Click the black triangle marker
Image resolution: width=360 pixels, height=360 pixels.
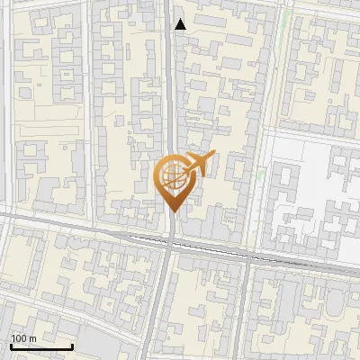[x=181, y=24]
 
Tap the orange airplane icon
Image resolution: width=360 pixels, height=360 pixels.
[x=198, y=165]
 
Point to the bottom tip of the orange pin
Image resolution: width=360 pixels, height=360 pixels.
[x=171, y=212]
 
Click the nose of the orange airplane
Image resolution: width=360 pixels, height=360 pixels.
[x=213, y=156]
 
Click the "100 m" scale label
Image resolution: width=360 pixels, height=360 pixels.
[x=23, y=337]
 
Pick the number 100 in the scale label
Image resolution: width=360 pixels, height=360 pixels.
[x=19, y=337]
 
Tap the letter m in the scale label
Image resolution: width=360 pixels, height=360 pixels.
[x=32, y=337]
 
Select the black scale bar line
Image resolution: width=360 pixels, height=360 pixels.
[x=41, y=346]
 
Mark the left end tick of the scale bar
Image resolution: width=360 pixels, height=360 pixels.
[x=11, y=346]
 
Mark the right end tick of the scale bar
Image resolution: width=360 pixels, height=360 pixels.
[x=73, y=346]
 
